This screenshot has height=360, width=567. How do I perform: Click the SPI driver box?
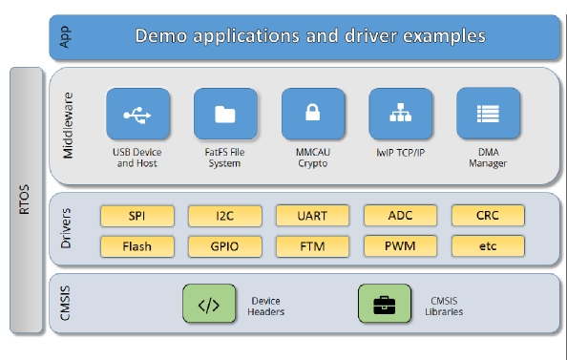[x=136, y=216]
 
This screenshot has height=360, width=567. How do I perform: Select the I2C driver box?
[x=224, y=216]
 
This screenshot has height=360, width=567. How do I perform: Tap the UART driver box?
[x=312, y=216]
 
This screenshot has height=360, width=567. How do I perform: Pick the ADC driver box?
[x=400, y=216]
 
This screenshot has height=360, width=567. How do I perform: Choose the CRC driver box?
[x=488, y=216]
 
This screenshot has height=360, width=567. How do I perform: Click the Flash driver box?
[x=136, y=246]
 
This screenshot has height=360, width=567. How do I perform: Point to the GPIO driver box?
[x=224, y=246]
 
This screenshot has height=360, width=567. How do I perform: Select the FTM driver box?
[x=312, y=246]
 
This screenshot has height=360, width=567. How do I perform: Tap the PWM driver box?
[x=400, y=246]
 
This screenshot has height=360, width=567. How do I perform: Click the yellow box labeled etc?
[x=488, y=246]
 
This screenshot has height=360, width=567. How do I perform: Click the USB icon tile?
[x=138, y=115]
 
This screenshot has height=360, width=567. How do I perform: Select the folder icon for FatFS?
[x=225, y=115]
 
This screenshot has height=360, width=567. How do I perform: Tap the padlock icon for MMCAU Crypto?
[x=312, y=115]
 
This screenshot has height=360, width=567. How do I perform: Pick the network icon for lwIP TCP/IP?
[x=400, y=115]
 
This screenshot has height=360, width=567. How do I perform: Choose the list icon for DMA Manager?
[x=488, y=115]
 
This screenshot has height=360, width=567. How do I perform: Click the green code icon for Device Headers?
[x=208, y=306]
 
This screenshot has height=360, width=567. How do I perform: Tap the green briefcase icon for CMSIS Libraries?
[x=384, y=306]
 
